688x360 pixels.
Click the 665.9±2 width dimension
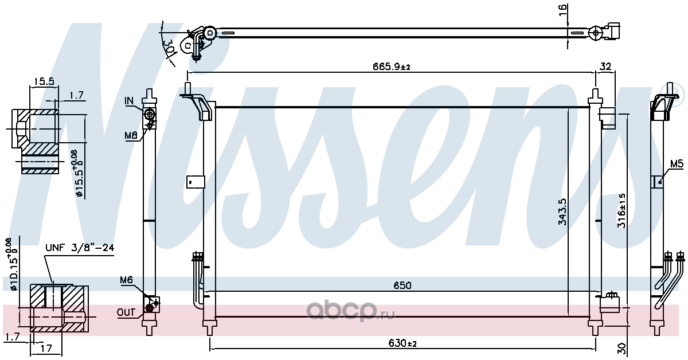pos(392,66)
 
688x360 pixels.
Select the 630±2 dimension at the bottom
pos(402,343)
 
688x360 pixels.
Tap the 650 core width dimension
pos(402,285)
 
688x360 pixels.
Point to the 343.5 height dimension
pos(562,212)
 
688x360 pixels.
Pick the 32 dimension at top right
pos(605,66)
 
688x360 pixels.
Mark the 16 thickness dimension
pos(562,10)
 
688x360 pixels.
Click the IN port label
pos(130,100)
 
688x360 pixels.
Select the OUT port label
pos(126,312)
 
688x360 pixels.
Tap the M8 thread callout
pos(131,135)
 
